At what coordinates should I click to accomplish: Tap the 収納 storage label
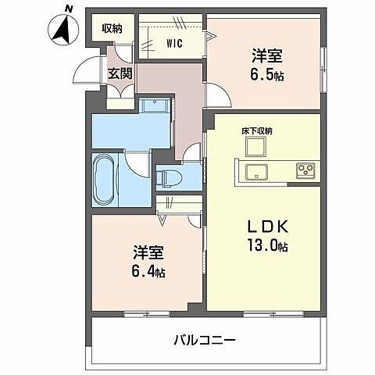tap(112, 28)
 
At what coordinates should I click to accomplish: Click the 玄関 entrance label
tap(120, 74)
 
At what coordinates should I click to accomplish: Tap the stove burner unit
tap(303, 170)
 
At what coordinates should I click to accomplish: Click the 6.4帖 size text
tap(148, 272)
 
